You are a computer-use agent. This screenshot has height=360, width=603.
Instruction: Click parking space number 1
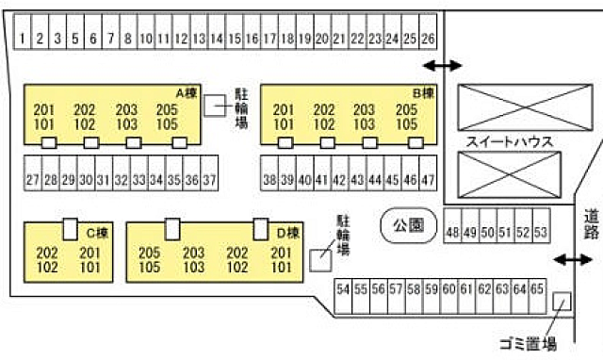click(22, 39)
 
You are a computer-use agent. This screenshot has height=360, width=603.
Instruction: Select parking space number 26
click(428, 39)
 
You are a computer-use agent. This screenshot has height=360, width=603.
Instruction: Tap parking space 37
click(210, 179)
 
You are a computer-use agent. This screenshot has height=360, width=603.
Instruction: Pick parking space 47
click(428, 179)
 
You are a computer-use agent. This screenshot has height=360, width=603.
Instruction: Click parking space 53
click(540, 232)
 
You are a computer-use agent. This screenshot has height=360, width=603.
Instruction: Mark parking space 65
click(537, 290)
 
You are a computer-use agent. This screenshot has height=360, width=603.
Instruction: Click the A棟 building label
click(186, 92)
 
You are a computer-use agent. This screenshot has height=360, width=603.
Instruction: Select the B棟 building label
click(423, 92)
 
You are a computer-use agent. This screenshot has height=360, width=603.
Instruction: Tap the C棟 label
click(97, 232)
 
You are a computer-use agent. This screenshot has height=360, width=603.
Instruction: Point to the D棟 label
click(287, 232)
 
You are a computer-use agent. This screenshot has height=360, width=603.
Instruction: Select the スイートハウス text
click(509, 141)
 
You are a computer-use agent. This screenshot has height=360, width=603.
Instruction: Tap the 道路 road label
click(591, 224)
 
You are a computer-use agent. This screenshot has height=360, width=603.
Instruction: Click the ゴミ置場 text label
click(528, 345)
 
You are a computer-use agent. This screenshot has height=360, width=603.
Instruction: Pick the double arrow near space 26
click(443, 65)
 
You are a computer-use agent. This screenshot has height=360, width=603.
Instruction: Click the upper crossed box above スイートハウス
click(509, 107)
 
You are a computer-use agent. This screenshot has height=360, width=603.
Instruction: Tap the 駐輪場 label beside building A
click(240, 106)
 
